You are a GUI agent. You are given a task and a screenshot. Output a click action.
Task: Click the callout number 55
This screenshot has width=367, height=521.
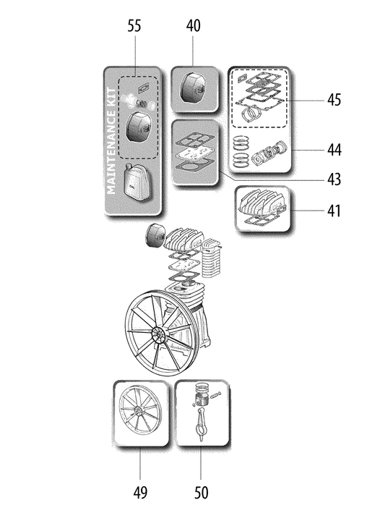(134, 26)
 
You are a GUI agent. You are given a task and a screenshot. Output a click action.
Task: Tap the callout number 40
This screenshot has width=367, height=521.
(193, 26)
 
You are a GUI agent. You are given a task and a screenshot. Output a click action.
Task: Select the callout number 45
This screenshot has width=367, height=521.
(334, 100)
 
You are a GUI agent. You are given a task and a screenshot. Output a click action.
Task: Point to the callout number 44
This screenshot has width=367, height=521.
(334, 150)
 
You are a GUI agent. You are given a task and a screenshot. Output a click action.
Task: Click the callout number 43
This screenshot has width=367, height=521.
(334, 179)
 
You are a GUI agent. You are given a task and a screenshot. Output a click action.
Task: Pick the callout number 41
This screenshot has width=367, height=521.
(334, 211)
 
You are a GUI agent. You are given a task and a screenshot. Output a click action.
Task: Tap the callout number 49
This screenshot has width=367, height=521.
(140, 493)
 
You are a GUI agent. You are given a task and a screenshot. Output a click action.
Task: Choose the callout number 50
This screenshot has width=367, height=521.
(201, 493)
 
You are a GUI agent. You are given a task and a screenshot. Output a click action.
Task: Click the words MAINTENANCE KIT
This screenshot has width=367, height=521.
(111, 141)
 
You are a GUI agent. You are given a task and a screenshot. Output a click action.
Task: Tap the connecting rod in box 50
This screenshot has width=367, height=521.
(200, 424)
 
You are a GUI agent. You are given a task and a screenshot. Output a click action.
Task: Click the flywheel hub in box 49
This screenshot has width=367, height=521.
(138, 412)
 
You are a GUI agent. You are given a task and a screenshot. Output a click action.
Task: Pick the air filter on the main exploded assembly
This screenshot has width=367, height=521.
(155, 236)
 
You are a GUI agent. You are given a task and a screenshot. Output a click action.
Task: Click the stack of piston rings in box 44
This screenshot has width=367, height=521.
(241, 151)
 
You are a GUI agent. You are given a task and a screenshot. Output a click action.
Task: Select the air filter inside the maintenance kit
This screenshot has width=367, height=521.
(138, 128)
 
